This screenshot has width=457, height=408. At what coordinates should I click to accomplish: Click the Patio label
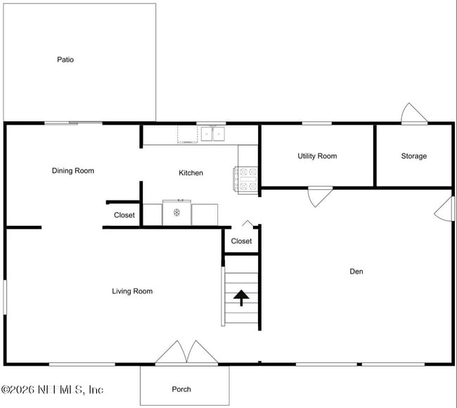tap(65, 60)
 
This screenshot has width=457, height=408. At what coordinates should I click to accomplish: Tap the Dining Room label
tap(73, 171)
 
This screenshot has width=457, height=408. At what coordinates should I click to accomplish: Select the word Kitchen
tap(191, 172)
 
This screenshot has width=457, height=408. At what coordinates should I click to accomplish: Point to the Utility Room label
tap(317, 156)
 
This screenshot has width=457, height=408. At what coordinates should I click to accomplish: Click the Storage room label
tap(414, 156)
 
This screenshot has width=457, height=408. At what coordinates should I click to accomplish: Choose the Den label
tap(356, 272)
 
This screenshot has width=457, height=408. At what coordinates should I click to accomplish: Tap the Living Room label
tap(132, 291)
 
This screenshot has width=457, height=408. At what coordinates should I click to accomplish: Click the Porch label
tap(181, 389)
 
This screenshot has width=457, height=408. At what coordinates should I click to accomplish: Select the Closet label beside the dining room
tap(124, 215)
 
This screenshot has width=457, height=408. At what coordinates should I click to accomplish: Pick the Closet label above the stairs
tap(241, 241)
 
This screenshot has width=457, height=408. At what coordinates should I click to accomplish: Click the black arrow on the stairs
tap(241, 298)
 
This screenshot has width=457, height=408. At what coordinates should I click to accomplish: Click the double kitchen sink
tap(213, 134)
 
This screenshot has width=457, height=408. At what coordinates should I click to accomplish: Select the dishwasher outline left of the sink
tap(188, 134)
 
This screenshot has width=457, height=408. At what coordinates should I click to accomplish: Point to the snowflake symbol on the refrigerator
tap(176, 212)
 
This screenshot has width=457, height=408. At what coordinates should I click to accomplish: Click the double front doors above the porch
tap(186, 352)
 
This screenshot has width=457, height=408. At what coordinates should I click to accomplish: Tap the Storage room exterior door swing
tap(414, 113)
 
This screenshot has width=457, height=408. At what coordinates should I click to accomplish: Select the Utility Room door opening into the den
tap(321, 197)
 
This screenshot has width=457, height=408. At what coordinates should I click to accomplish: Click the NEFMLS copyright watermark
tap(52, 390)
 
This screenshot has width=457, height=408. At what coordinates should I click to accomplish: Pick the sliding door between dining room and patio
tap(73, 123)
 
